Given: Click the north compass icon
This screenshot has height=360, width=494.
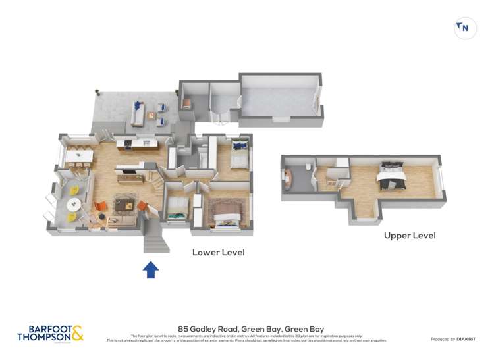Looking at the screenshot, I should click(x=465, y=28).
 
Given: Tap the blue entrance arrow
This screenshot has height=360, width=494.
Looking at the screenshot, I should click(x=151, y=269).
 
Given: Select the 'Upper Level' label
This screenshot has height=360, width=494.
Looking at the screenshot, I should click(x=410, y=235).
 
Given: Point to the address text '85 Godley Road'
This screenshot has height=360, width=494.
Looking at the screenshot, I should click(x=206, y=328).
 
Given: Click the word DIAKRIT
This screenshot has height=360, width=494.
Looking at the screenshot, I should click(x=467, y=339).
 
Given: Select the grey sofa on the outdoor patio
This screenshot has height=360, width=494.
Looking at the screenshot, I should click(x=138, y=113).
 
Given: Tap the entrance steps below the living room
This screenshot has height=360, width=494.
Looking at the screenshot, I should click(x=153, y=236).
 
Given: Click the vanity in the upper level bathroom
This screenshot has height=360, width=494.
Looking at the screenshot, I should click(x=288, y=178).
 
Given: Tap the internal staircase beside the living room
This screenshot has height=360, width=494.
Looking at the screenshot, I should click(x=155, y=176).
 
